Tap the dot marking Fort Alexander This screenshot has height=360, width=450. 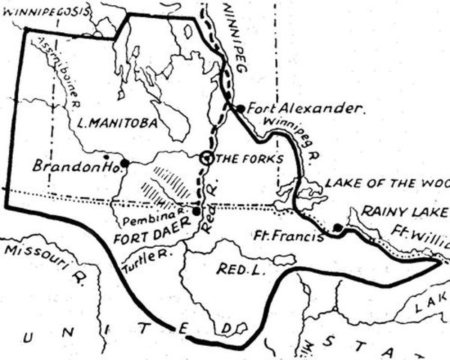240,108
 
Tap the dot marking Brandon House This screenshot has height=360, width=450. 125,162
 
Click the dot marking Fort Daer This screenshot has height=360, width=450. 196,211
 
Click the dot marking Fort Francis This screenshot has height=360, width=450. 337,227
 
